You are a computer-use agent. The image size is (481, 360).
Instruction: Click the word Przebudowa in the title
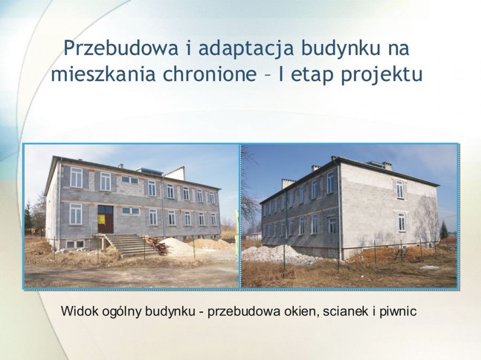point(121,48)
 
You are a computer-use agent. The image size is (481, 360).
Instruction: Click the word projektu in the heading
point(382,75)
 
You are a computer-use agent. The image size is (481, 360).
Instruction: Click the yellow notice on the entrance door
point(101,220)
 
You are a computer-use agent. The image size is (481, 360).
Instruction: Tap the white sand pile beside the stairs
point(176,246)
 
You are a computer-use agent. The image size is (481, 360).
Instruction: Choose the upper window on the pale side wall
point(400,189)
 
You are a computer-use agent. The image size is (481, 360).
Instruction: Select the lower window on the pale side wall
point(401,222)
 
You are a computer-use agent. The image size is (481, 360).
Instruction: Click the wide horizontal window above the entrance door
point(130,179)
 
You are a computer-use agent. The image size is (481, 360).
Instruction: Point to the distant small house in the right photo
point(253,236)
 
